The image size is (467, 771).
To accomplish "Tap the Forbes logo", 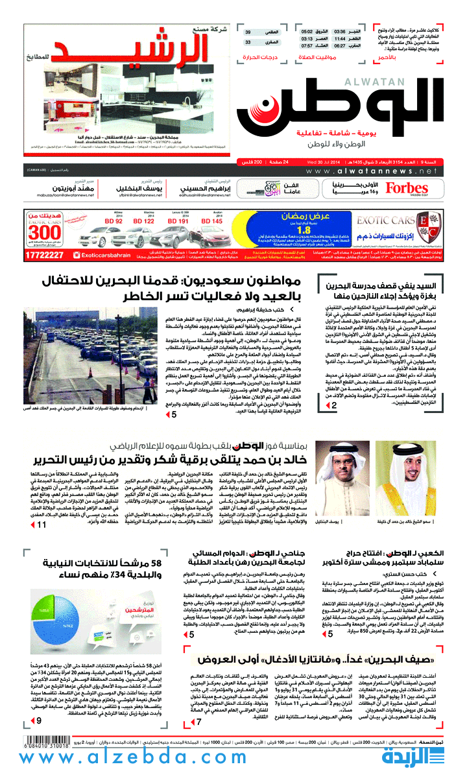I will coord(407,189).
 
